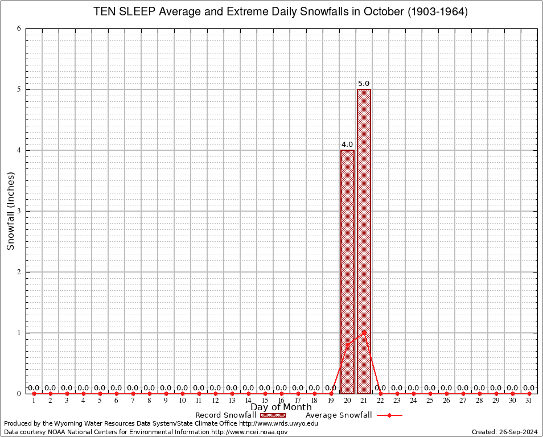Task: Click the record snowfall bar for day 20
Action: click(x=347, y=271)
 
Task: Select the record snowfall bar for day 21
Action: click(x=364, y=241)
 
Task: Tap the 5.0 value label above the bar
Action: click(x=364, y=84)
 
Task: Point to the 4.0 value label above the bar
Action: click(x=347, y=145)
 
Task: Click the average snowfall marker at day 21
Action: click(x=364, y=332)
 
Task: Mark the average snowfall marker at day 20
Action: click(x=347, y=344)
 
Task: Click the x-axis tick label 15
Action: click(x=265, y=401)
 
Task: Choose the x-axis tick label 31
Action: click(x=529, y=401)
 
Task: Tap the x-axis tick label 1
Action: click(x=34, y=401)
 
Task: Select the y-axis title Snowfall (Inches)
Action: click(x=10, y=211)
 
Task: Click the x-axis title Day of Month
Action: click(x=281, y=407)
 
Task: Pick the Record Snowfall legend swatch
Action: click(x=272, y=415)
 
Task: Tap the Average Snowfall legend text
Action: click(x=338, y=415)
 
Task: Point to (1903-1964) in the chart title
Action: click(x=437, y=12)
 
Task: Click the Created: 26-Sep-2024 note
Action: click(x=504, y=432)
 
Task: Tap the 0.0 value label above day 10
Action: click(x=182, y=388)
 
